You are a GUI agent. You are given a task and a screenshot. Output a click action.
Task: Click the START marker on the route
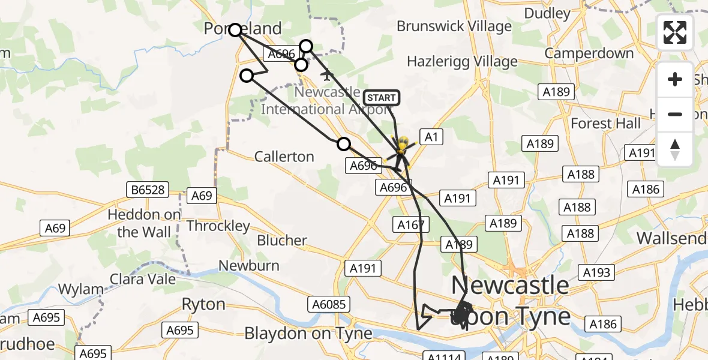pyautogui.click(x=381, y=98)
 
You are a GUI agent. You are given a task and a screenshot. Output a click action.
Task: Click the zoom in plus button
pyautogui.click(x=675, y=79)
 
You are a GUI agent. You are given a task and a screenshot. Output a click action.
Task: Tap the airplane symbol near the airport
pyautogui.click(x=327, y=76)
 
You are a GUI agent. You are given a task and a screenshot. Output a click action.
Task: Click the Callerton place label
pyautogui.click(x=284, y=157)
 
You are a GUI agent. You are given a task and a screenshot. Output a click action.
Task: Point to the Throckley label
pyautogui.click(x=218, y=226)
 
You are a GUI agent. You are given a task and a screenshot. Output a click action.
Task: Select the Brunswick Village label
pyautogui.click(x=454, y=26)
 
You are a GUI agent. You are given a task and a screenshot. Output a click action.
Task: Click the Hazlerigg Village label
pyautogui.click(x=462, y=61)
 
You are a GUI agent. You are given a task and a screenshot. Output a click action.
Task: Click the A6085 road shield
pyautogui.click(x=328, y=304)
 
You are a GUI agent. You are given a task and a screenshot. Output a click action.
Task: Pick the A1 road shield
pyautogui.click(x=431, y=137)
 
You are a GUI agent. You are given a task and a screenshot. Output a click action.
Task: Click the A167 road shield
pyautogui.click(x=411, y=225)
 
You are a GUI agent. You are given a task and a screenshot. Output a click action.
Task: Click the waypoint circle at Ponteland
pyautogui.click(x=235, y=30)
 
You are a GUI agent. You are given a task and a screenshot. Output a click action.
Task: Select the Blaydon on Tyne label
pyautogui.click(x=306, y=333)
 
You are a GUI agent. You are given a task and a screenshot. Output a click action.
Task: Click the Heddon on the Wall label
pyautogui.click(x=144, y=223)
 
